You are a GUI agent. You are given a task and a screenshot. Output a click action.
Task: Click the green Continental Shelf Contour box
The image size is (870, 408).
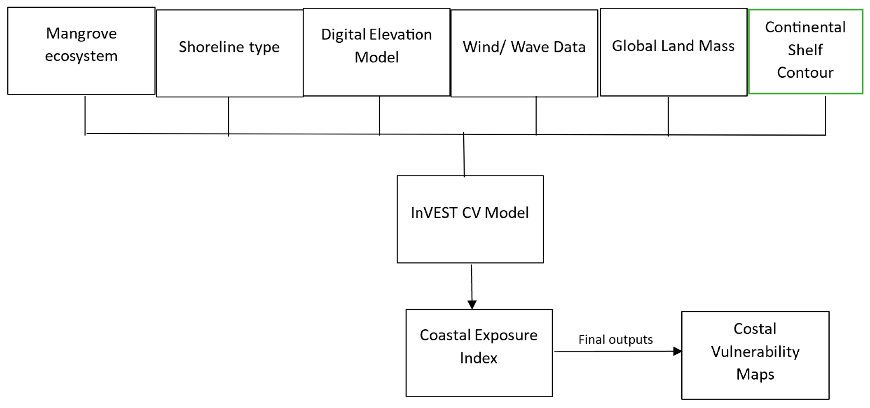point(806,51)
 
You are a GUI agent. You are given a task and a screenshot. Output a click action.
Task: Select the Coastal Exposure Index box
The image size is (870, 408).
point(479,353)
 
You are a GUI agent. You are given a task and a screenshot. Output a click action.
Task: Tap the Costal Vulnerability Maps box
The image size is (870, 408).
point(755,355)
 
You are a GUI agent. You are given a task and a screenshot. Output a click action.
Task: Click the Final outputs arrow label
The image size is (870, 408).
point(615,339)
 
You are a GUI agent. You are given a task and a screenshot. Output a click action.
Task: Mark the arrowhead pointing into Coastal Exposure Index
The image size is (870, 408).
point(472,305)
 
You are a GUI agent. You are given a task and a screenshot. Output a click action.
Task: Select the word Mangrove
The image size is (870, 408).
point(81,33)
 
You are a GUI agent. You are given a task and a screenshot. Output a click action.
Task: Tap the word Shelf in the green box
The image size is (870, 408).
point(806,50)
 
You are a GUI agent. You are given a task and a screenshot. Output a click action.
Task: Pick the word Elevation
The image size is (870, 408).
point(401,34)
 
